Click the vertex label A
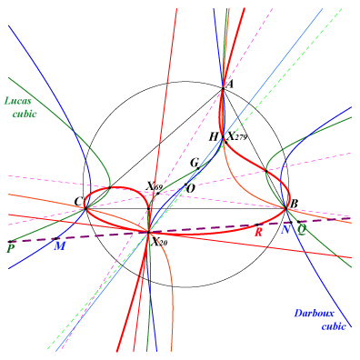230,84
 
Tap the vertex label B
294,204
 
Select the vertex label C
78,201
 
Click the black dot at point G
198,168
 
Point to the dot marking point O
185,185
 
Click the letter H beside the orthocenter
214,137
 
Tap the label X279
237,136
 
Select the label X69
154,186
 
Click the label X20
159,242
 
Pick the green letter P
11,248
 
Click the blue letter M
60,246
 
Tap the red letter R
258,232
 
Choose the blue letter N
285,230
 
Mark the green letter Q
301,230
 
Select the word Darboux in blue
314,313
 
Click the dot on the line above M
55,239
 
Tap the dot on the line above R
257,225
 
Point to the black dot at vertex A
223,88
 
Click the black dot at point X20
148,233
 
